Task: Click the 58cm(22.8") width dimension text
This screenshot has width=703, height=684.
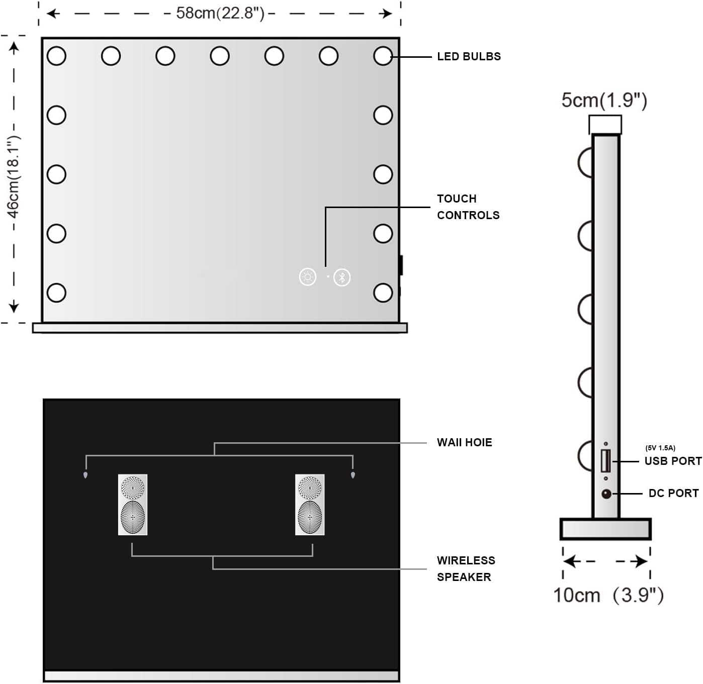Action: [x=220, y=14]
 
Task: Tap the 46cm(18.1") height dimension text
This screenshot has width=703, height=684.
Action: [x=14, y=177]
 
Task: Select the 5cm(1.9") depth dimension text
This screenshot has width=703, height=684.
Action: [x=604, y=100]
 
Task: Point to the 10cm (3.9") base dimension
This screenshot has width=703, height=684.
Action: [x=608, y=595]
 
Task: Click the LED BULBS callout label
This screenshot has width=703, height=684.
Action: [x=469, y=57]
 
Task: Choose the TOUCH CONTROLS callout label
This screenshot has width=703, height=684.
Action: [x=468, y=207]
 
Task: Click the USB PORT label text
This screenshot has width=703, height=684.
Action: [x=673, y=461]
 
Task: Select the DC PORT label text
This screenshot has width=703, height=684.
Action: [x=674, y=494]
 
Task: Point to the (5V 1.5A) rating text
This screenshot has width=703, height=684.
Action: [x=660, y=448]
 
